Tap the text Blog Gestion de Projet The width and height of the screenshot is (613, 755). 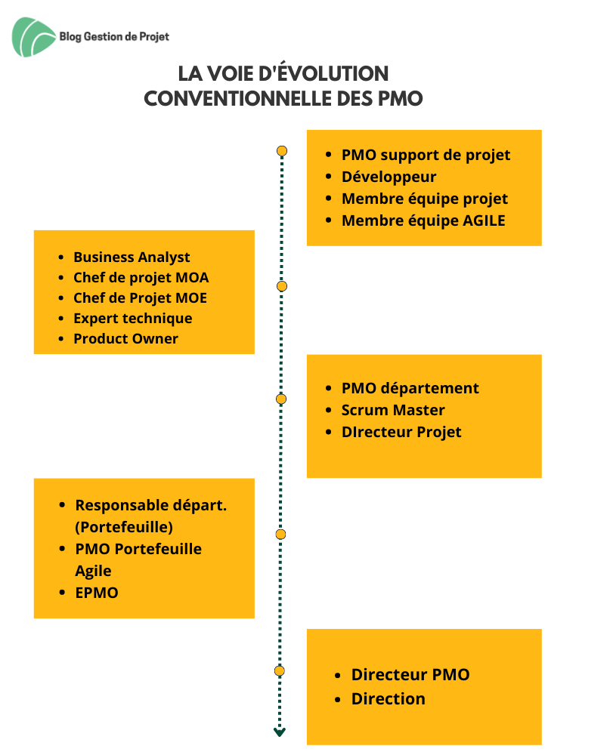tap(114, 36)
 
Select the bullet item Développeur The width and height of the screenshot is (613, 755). tap(389, 177)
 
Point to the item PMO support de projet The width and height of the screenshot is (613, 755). tap(426, 155)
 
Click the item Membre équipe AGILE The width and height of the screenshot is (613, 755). tap(423, 220)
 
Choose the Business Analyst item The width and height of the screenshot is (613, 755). tap(132, 257)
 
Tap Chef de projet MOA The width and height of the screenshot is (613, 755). tap(141, 277)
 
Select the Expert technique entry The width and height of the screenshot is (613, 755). tap(132, 319)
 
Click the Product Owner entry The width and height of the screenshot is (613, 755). tap(125, 338)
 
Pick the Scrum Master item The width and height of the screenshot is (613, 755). tap(393, 410)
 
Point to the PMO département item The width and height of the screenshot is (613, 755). tap(410, 388)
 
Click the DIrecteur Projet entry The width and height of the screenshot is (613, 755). tap(401, 432)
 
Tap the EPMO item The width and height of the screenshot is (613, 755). tap(97, 593)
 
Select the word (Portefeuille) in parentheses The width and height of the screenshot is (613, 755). tap(124, 527)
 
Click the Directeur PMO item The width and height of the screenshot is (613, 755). tap(410, 674)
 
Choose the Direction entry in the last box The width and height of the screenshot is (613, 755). tap(388, 698)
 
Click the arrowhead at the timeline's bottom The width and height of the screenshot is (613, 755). tap(280, 732)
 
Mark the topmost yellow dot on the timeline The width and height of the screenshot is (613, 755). tap(282, 151)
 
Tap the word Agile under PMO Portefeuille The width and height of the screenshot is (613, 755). tap(93, 571)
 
